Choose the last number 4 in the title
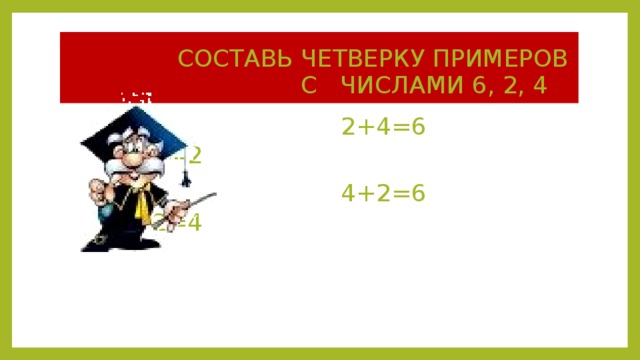(540, 84)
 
